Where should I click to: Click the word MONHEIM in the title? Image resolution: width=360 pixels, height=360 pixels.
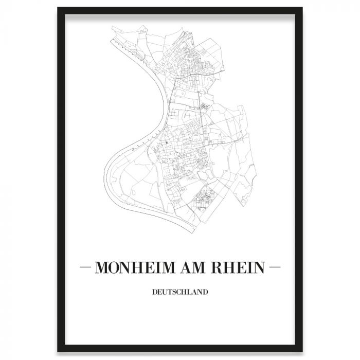tap(135, 267)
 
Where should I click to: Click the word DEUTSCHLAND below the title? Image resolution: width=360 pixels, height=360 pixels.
tap(180, 293)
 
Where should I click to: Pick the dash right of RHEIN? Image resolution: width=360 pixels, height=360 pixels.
tap(275, 267)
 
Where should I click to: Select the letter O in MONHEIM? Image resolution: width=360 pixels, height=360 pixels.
tap(117, 267)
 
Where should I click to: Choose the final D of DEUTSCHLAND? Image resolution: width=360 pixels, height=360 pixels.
tap(205, 293)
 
